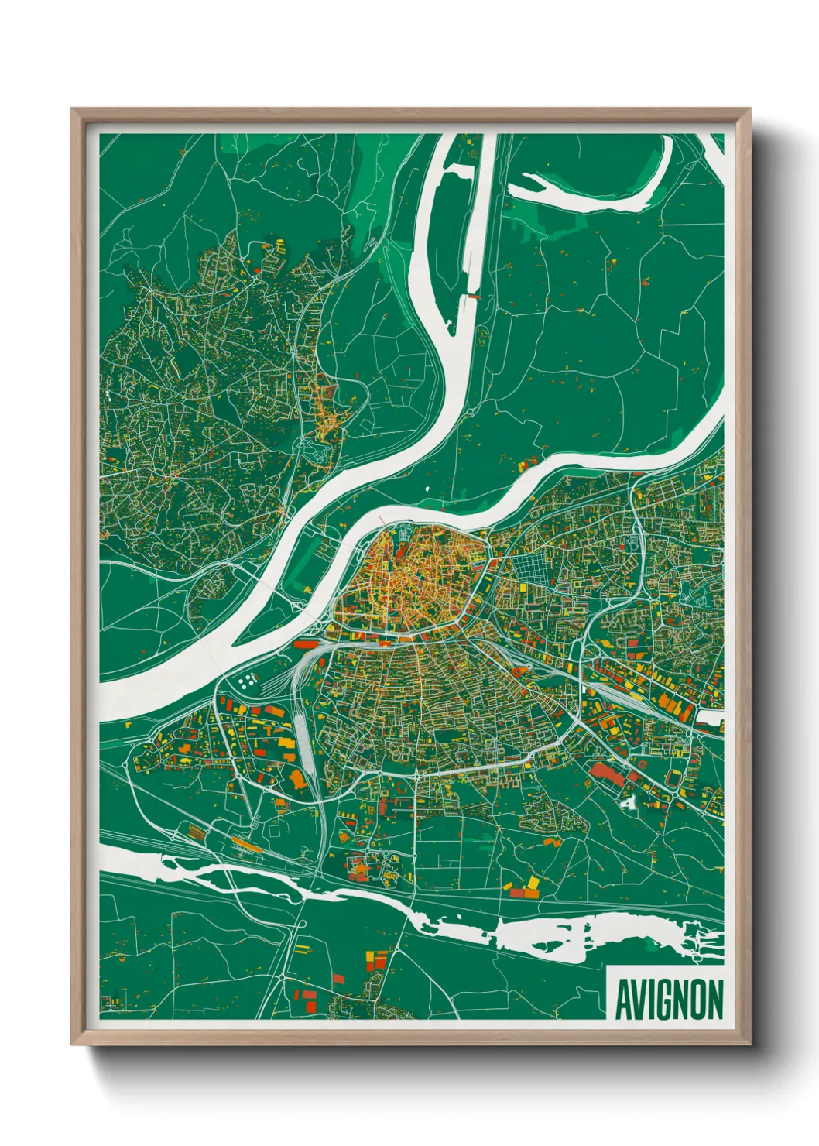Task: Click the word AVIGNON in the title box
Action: [669, 1000]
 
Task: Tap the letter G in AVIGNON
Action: [667, 1000]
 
